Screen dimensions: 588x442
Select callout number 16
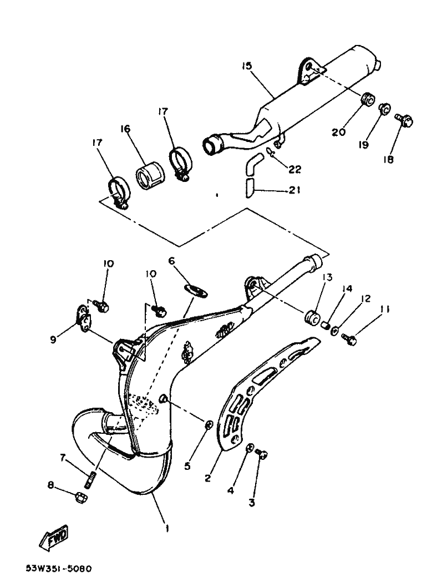point(125,129)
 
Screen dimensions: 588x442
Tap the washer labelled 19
point(383,109)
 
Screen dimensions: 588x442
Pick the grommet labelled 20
point(366,100)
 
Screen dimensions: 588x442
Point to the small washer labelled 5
point(208,425)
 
